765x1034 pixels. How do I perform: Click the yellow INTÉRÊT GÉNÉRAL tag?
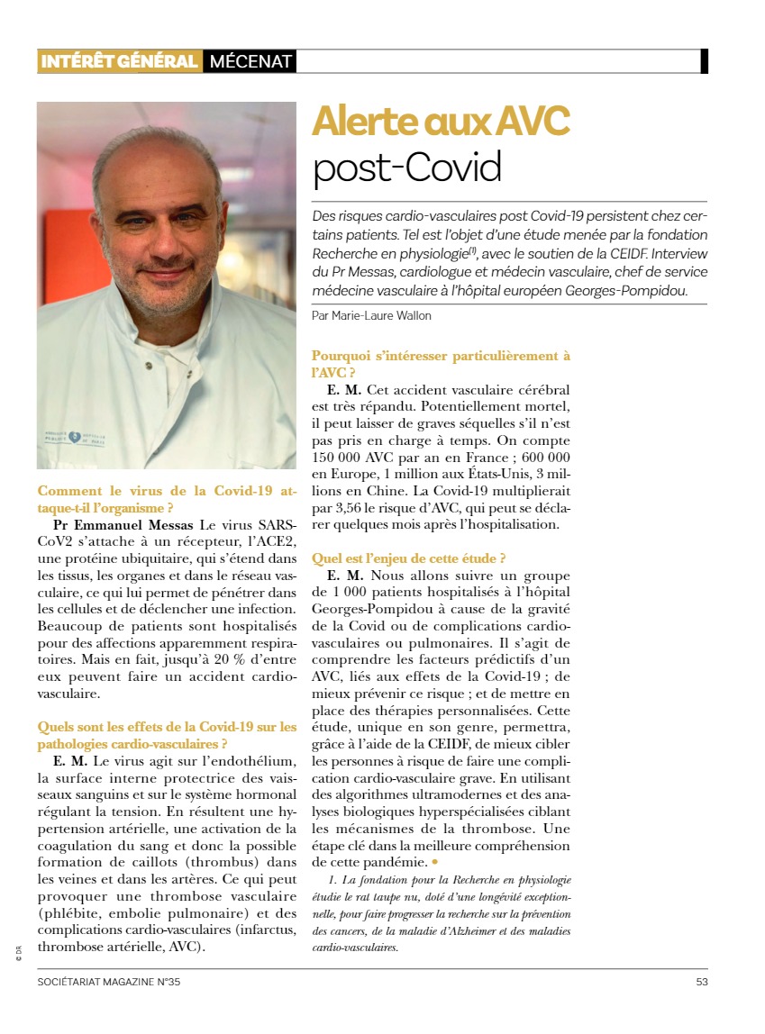(118, 61)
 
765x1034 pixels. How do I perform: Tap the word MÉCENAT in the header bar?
(250, 61)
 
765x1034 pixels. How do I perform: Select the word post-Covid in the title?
(406, 167)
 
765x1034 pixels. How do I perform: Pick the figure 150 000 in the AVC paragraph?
(340, 458)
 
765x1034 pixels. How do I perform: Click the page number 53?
(701, 982)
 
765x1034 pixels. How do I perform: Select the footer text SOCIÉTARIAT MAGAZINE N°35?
(109, 982)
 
